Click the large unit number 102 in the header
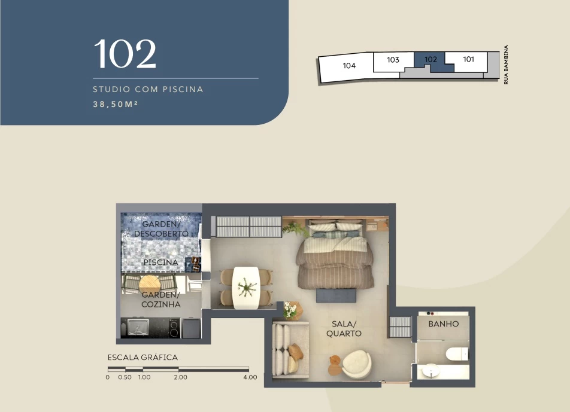pyautogui.click(x=125, y=54)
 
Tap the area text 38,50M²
pyautogui.click(x=115, y=104)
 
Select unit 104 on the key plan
pyautogui.click(x=349, y=66)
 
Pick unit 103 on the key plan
pyautogui.click(x=393, y=60)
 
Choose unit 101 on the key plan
pyautogui.click(x=468, y=59)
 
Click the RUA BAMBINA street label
pyautogui.click(x=506, y=65)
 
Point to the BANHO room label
pyautogui.click(x=444, y=324)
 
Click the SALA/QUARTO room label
pyautogui.click(x=344, y=328)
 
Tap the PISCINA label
pyautogui.click(x=160, y=262)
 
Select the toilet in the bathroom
pyautogui.click(x=457, y=354)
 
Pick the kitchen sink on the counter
pyautogui.click(x=138, y=328)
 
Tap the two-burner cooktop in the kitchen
pyautogui.click(x=174, y=328)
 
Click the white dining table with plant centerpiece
pyautogui.click(x=246, y=288)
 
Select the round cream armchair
pyautogui.click(x=356, y=364)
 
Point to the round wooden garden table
pyautogui.click(x=150, y=284)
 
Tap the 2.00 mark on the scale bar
pyautogui.click(x=180, y=377)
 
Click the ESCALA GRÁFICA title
pyautogui.click(x=142, y=358)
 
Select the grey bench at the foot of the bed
pyautogui.click(x=336, y=295)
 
